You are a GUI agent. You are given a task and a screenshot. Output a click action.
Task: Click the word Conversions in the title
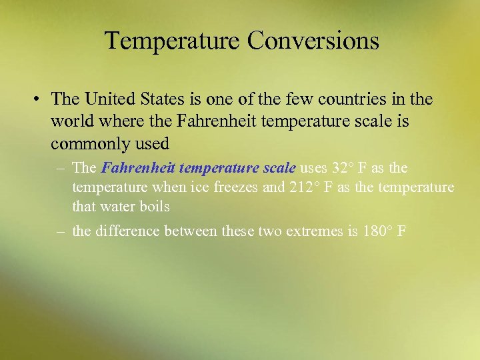click(313, 41)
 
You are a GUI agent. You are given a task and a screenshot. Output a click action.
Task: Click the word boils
click(154, 207)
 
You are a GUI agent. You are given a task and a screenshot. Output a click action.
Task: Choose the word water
click(117, 207)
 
